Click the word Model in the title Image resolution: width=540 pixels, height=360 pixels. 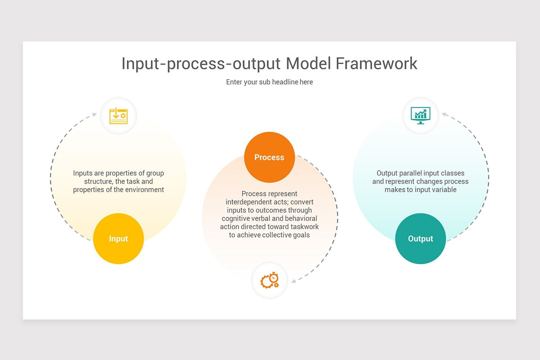click(309, 63)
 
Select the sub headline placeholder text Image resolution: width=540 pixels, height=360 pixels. click(269, 82)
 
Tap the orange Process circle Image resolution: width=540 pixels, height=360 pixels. click(269, 157)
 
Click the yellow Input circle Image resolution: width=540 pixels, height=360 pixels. click(118, 238)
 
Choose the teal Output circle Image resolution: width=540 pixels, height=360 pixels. click(420, 238)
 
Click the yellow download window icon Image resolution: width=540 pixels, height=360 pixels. click(118, 116)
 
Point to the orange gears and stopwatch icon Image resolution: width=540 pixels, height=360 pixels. click(270, 280)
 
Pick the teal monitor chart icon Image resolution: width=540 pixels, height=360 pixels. click(420, 115)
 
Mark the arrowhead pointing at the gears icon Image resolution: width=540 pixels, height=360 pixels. click(294, 281)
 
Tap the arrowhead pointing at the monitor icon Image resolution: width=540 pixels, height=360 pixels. click(444, 114)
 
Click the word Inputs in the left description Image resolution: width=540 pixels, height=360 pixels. click(83, 173)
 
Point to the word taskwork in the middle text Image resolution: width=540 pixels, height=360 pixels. click(304, 227)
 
